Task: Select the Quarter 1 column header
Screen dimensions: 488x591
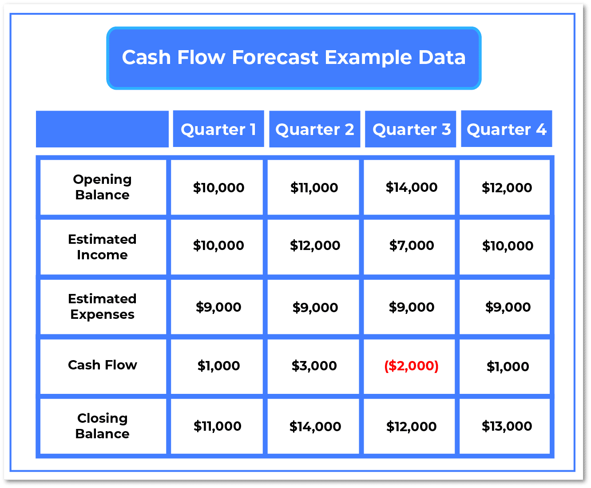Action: click(x=218, y=129)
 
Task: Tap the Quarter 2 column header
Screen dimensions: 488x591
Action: click(x=314, y=129)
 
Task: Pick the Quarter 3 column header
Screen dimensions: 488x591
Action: click(x=411, y=129)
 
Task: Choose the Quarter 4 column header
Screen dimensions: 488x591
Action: click(x=506, y=129)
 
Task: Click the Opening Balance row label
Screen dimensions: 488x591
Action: click(x=102, y=187)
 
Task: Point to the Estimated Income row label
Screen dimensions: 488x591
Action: click(x=102, y=247)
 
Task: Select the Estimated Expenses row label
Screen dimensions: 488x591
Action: click(x=102, y=306)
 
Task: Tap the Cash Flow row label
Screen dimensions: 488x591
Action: click(x=102, y=365)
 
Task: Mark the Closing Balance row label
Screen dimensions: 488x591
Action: click(x=102, y=426)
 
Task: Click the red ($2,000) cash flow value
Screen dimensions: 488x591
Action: click(x=411, y=366)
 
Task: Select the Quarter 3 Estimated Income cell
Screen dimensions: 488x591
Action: click(x=411, y=246)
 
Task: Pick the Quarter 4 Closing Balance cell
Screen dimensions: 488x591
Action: click(x=507, y=426)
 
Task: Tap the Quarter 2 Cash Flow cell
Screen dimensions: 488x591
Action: click(x=314, y=366)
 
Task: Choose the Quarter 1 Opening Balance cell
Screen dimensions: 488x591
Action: click(x=218, y=187)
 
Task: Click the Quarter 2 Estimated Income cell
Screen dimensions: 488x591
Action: click(x=315, y=246)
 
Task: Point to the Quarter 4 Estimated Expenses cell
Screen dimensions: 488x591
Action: click(x=508, y=307)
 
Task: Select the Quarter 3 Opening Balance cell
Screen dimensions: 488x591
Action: click(x=411, y=187)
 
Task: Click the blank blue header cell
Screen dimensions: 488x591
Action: click(x=102, y=129)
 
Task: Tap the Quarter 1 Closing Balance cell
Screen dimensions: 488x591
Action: click(x=218, y=426)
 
